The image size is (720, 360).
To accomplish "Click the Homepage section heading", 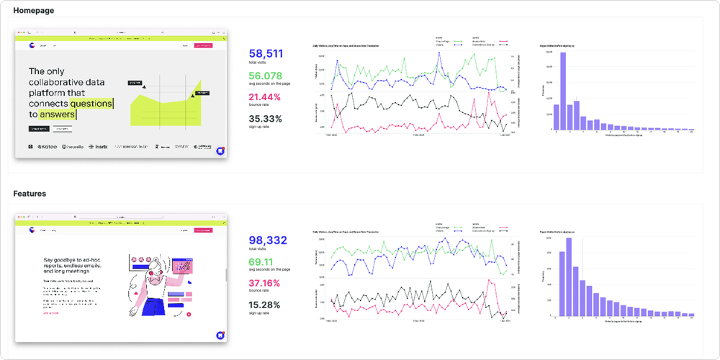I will tap(33, 11).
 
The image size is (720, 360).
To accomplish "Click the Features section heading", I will tap(30, 194).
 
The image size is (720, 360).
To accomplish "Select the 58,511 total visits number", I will tap(266, 53).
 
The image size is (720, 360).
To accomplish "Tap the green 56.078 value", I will tap(266, 76).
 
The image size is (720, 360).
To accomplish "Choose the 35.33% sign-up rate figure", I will tap(265, 119).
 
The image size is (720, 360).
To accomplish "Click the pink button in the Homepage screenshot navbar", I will tap(204, 45).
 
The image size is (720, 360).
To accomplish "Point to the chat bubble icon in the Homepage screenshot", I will tap(220, 151).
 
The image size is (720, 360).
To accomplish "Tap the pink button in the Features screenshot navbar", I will tap(204, 230).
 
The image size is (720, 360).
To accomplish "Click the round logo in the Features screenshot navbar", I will tap(32, 230).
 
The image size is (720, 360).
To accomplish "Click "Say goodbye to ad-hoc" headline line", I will tap(71, 258).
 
